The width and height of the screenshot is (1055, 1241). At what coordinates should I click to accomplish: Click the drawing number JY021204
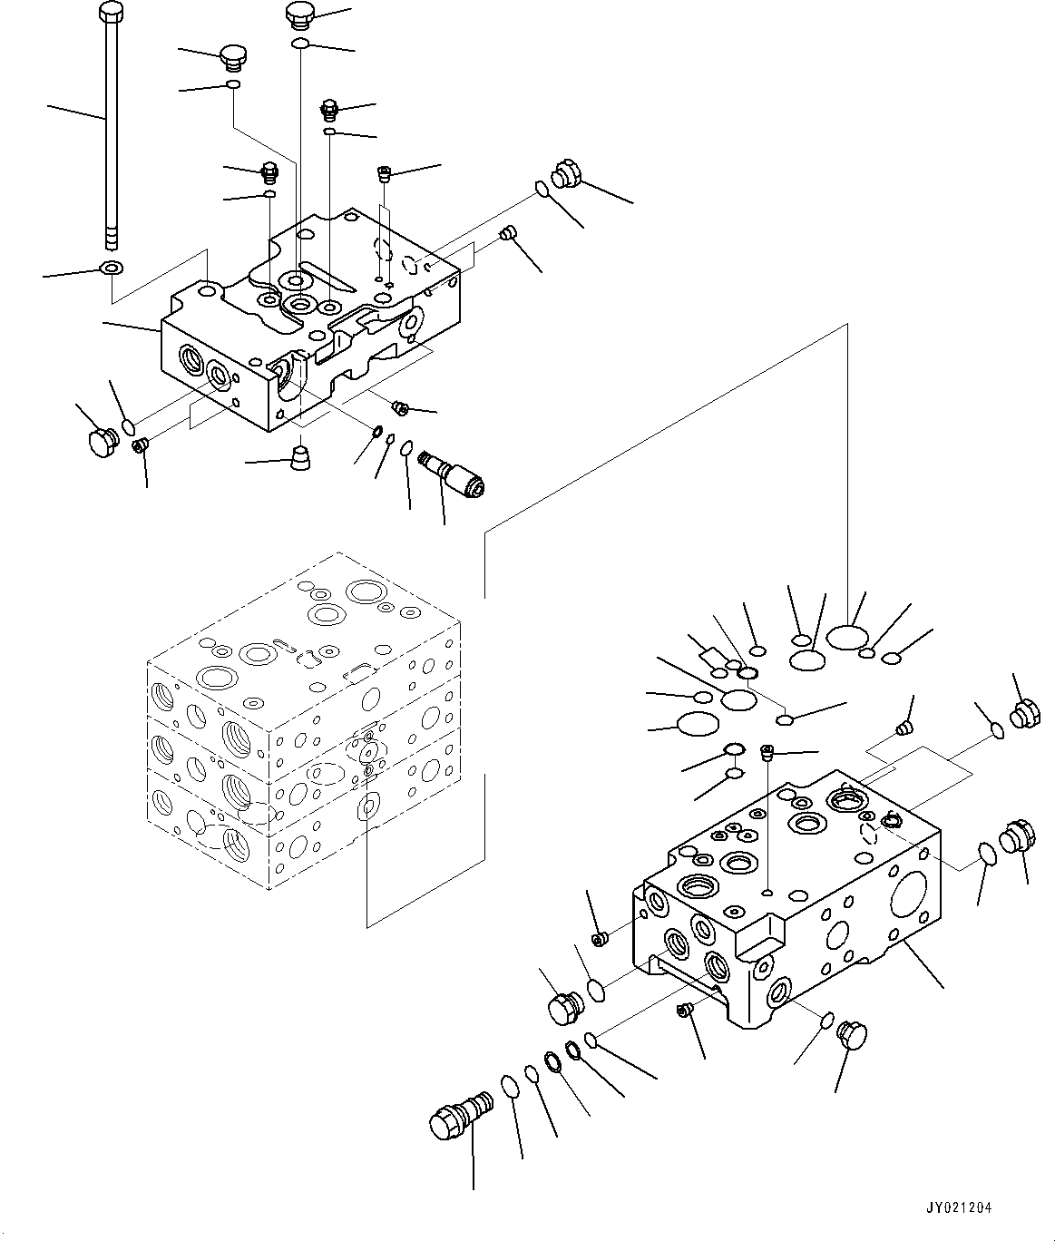point(959,1207)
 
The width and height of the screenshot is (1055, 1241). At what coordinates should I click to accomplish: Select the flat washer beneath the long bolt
point(112,266)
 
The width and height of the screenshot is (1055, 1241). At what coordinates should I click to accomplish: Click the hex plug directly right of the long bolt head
point(235,59)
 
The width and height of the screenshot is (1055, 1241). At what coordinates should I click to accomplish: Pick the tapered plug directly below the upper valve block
point(300,458)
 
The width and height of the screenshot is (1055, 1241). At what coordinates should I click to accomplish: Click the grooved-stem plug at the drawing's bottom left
point(461,1118)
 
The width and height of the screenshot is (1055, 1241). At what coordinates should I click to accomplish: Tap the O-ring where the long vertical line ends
point(846,637)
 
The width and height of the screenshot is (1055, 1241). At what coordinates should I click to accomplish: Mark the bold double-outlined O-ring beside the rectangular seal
point(747,672)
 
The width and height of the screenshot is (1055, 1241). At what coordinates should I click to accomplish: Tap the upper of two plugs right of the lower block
point(1024,715)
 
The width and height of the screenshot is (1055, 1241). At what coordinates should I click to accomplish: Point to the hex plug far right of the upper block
point(567,173)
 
